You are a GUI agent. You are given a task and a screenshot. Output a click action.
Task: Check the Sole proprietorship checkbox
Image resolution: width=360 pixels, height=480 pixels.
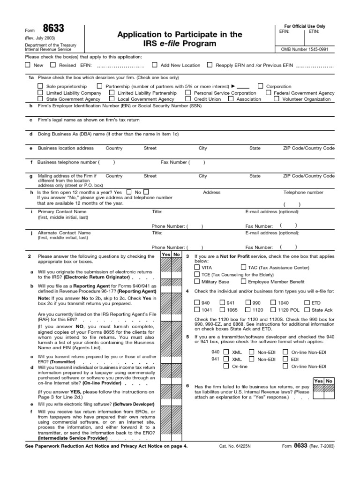coord(40,86)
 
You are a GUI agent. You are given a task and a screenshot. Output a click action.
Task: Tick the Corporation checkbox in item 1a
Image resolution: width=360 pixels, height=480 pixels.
coord(260,86)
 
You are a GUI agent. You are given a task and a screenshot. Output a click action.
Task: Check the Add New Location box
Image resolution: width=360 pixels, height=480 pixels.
coord(154,65)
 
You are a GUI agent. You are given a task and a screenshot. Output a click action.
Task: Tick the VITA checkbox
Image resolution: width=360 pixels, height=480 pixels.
coord(197,267)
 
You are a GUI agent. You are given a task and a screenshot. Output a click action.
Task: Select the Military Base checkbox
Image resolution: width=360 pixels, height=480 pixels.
coord(197,282)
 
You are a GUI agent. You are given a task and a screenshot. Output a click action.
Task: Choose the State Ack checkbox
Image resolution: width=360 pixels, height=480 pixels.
coord(307,310)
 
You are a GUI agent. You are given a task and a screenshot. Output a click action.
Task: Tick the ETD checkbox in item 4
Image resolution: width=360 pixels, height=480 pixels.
coord(307,303)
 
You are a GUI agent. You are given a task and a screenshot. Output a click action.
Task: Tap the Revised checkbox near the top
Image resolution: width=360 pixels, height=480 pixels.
coord(53,65)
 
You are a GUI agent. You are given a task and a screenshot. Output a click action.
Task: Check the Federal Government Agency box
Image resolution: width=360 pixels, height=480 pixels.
coord(269,93)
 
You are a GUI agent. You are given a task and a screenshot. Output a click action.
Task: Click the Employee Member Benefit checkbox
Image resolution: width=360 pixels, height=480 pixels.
coord(243,282)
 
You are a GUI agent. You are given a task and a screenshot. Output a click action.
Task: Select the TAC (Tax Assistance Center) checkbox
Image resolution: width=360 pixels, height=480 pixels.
coord(243,267)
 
